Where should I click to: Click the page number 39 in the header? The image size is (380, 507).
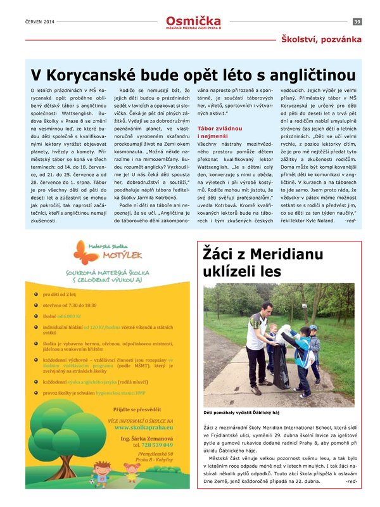click(x=357, y=22)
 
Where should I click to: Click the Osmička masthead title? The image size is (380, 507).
click(x=191, y=21)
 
